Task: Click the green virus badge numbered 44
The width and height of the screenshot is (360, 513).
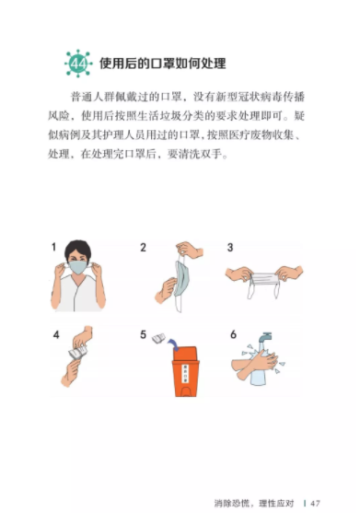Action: (x=78, y=64)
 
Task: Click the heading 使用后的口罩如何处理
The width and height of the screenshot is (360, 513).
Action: (x=163, y=64)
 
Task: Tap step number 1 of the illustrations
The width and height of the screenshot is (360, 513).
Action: (x=54, y=247)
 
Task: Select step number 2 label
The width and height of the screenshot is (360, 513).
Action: (x=143, y=248)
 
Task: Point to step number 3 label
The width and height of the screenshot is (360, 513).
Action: (x=230, y=248)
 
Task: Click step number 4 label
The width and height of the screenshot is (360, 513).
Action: (x=56, y=334)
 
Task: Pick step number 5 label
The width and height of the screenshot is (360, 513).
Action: (x=143, y=334)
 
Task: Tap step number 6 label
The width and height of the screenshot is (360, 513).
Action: (x=233, y=334)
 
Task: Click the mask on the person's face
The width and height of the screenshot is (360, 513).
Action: (x=78, y=267)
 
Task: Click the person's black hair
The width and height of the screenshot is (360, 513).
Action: (x=78, y=250)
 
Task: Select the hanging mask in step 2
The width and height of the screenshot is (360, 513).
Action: (x=181, y=279)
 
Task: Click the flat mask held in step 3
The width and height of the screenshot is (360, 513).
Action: (x=264, y=282)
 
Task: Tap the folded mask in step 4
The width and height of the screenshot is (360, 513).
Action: (x=78, y=353)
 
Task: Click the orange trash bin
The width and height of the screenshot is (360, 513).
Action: (x=185, y=372)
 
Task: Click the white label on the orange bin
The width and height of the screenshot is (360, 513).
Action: (x=185, y=373)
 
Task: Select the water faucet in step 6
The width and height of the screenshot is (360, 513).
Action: (x=265, y=337)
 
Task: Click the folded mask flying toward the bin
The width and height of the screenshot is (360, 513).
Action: (x=159, y=338)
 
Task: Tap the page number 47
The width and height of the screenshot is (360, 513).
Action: (x=315, y=503)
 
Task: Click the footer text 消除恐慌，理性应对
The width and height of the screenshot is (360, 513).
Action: (x=254, y=503)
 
